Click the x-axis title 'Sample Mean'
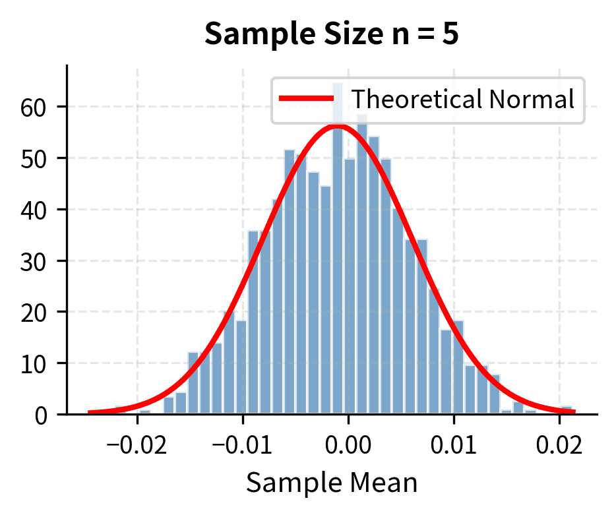[332, 483]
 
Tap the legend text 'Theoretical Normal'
[462, 99]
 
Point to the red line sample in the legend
[307, 99]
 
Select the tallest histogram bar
[337, 264]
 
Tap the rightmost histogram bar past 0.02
[566, 410]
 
